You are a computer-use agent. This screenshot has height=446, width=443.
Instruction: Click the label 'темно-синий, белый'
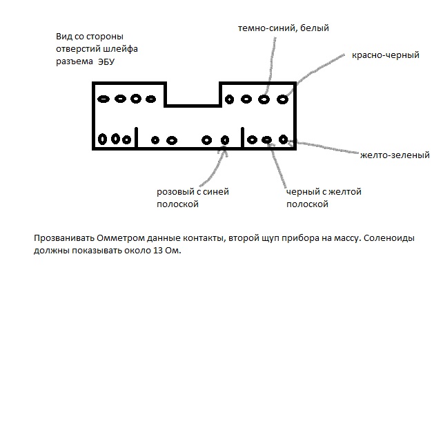[x=283, y=28]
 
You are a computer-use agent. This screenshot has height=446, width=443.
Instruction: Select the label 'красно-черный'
[x=385, y=55]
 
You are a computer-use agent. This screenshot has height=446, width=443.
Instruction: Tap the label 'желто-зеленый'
[x=395, y=155]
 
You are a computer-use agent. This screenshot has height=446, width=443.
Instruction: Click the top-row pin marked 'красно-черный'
[x=282, y=99]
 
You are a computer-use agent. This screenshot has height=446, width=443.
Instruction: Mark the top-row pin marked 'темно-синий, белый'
[x=264, y=99]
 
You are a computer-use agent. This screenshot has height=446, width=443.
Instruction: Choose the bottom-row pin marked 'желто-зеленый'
[x=283, y=139]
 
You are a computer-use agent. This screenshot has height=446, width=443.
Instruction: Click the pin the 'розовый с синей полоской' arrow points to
[x=224, y=139]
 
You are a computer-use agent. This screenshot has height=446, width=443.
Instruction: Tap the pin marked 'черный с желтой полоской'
[x=267, y=139]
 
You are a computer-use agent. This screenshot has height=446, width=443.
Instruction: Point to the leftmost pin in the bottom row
[x=102, y=139]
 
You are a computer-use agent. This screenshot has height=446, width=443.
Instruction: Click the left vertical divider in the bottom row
[x=137, y=137]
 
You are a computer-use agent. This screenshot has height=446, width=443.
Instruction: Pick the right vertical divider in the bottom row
[x=244, y=137]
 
